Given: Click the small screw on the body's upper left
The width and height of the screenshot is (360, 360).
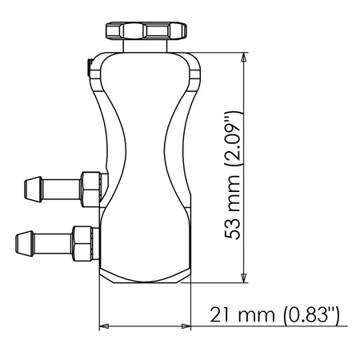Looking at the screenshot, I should pos(90,67).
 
